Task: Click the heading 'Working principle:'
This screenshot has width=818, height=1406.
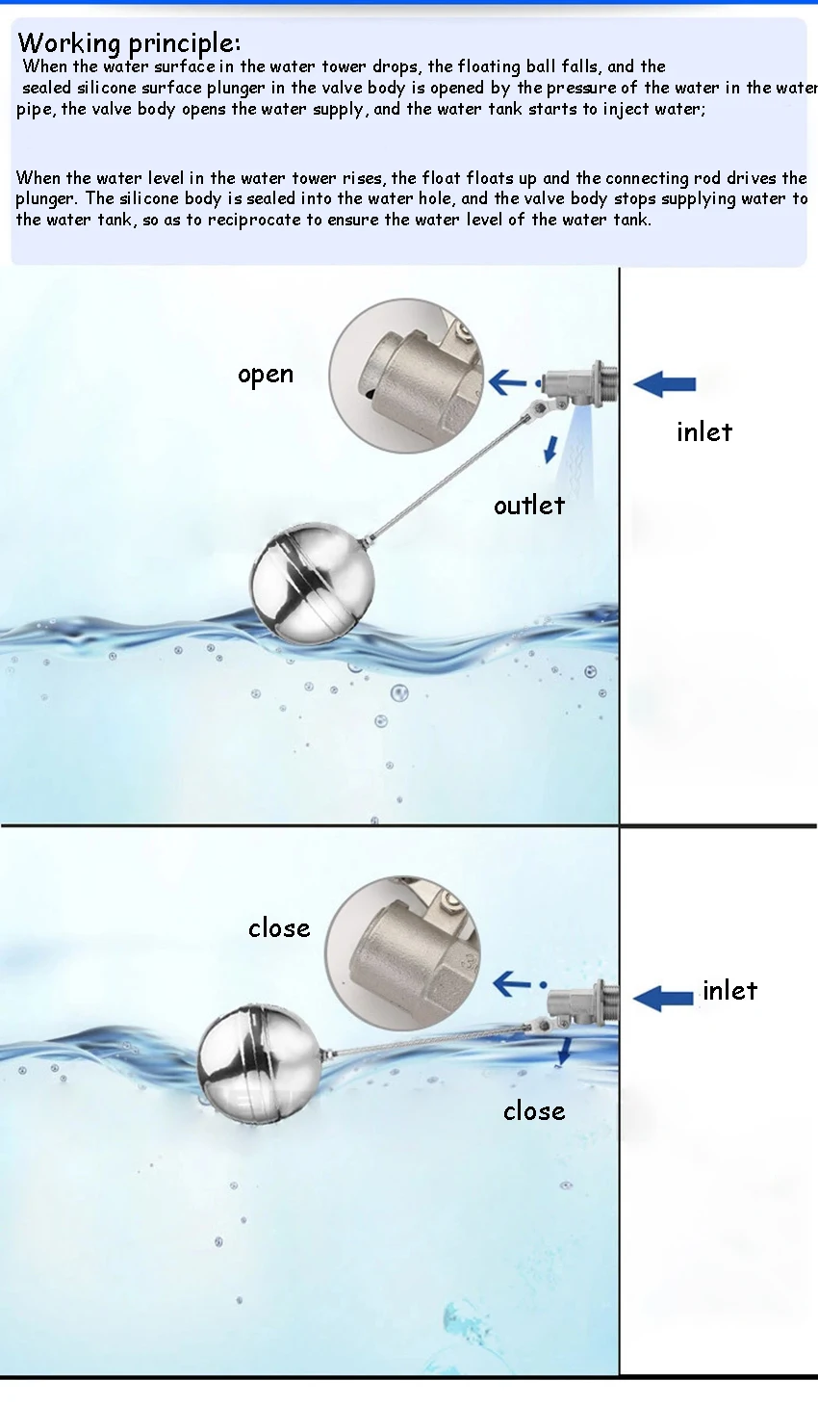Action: [x=129, y=43]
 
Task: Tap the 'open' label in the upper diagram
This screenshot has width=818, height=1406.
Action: [x=266, y=375]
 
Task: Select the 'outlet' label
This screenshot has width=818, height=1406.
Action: [x=529, y=506]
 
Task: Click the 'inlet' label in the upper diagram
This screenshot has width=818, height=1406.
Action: [x=704, y=432]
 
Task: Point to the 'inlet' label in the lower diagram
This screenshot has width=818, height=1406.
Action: [x=730, y=991]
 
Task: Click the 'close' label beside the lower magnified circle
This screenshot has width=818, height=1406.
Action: [x=279, y=928]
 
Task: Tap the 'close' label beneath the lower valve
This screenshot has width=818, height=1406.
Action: [x=534, y=1111]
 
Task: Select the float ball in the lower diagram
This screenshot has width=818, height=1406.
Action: [x=258, y=1062]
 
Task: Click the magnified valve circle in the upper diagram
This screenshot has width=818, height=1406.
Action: [x=405, y=376]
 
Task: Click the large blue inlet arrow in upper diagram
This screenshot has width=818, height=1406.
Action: [x=665, y=384]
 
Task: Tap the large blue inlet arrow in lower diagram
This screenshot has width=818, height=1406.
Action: [x=663, y=998]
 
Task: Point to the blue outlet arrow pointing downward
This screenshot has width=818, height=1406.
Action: [x=551, y=448]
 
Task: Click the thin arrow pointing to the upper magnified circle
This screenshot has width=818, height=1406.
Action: [x=507, y=382]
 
